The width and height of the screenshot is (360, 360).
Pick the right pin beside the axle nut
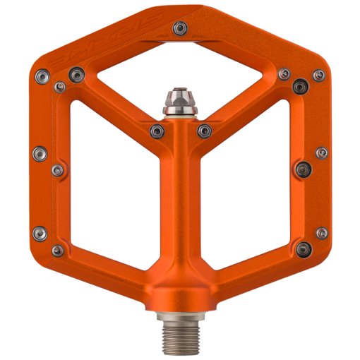204,130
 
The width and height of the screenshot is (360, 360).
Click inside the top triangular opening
179,71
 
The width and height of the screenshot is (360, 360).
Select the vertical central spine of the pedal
179,212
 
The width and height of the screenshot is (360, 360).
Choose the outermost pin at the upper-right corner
318,74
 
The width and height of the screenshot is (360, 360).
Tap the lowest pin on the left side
40,232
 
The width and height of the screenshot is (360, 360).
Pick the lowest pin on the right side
322,232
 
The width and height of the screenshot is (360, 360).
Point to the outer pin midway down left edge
40,152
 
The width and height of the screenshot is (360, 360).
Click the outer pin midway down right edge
321,152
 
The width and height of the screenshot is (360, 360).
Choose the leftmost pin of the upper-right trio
284,73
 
